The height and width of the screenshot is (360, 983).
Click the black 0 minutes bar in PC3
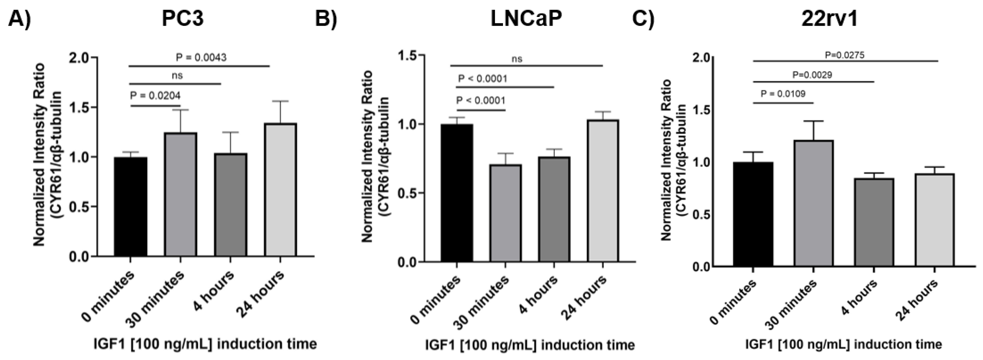[x=130, y=206]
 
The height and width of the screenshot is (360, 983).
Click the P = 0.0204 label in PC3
[x=155, y=95]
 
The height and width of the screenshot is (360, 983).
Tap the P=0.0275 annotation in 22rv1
[x=844, y=55]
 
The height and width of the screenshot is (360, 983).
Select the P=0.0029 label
[x=812, y=75]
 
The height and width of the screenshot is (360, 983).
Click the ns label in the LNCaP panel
[x=517, y=59]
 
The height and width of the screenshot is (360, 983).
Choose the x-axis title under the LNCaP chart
[x=530, y=345]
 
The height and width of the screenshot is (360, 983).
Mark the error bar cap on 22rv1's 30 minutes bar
[x=813, y=121]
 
